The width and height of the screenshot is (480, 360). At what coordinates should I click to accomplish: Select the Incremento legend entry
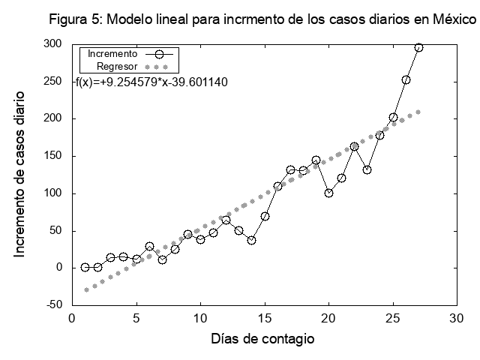coord(112,54)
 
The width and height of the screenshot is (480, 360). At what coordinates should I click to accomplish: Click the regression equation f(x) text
coord(151,81)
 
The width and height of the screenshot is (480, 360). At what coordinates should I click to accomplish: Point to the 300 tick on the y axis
coord(52,44)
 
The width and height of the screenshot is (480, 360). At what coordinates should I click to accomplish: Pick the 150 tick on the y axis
coord(52,156)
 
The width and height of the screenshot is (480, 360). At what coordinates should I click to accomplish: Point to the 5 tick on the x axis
coord(136,317)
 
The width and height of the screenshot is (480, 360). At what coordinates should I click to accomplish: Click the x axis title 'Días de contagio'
coord(262,339)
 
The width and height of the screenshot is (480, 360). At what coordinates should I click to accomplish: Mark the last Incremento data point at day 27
coord(418,47)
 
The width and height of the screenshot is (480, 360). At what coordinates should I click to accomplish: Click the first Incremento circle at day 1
coord(85,267)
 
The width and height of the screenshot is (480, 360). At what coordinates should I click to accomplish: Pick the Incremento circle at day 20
coord(328,193)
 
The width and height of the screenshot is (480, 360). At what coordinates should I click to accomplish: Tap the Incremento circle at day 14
coord(252,240)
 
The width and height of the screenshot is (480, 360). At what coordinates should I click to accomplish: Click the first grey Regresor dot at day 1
coord(85,289)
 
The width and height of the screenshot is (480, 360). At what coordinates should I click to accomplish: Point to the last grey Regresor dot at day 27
coord(418,112)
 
